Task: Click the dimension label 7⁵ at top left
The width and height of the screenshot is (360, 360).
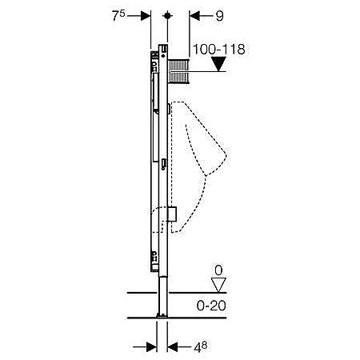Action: [118, 15]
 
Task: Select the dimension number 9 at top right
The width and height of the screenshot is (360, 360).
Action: [219, 16]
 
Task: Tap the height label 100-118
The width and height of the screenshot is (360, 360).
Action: [218, 50]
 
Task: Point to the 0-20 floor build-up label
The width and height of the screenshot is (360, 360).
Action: [211, 306]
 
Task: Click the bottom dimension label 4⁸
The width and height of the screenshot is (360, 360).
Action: [200, 346]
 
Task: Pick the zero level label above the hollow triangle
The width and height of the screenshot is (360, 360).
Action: [218, 270]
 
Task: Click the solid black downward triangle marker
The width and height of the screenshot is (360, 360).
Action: [218, 64]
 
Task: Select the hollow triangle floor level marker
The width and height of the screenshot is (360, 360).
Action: [218, 285]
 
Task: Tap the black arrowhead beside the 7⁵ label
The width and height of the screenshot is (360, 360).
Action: [146, 16]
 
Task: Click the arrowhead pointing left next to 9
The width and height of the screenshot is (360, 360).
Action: [194, 16]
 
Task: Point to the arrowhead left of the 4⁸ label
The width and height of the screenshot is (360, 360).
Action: [172, 347]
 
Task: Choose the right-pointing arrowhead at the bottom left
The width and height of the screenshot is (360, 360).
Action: [151, 347]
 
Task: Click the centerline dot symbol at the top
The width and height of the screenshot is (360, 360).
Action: [167, 16]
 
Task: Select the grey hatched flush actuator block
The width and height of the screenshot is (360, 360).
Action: [178, 71]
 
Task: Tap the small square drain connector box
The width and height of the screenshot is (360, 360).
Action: [172, 214]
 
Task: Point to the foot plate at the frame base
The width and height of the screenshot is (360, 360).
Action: [162, 316]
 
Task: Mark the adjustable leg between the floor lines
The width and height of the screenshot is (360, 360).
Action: [163, 295]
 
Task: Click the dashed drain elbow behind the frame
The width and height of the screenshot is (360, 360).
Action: [158, 220]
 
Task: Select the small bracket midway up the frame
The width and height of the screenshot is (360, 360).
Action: [164, 164]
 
